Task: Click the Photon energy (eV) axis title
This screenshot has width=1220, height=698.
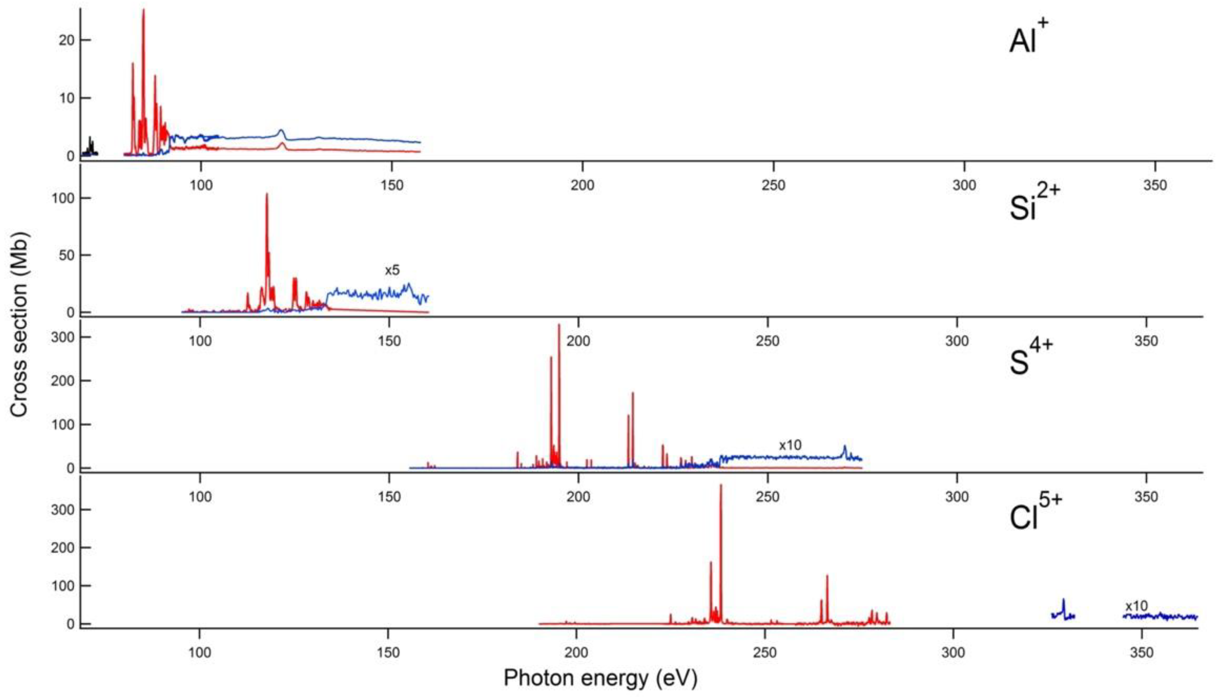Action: coord(600,678)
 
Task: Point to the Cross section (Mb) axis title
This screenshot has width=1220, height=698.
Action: coord(20,324)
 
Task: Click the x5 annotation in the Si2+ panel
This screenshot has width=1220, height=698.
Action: coord(392,270)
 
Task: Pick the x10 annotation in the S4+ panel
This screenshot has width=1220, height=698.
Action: coord(790,445)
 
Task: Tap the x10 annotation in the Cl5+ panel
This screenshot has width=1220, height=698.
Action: coord(1136,606)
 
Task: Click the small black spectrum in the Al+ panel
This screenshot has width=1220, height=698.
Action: coord(90,146)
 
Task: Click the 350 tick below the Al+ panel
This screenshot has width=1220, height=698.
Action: coord(1155,185)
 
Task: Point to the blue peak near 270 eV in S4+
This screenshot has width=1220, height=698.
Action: coord(845,448)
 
